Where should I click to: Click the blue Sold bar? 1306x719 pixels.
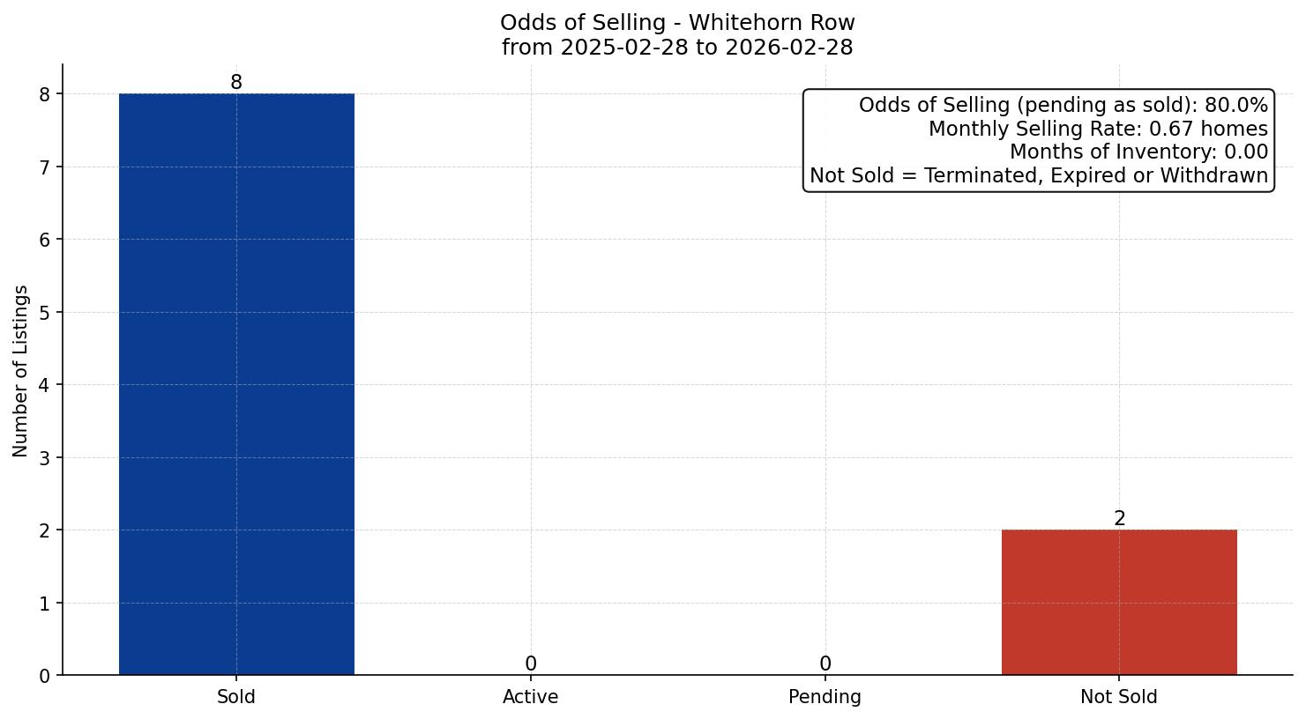click(236, 384)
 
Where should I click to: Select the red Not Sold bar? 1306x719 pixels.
click(1119, 602)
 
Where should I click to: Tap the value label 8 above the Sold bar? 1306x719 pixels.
click(236, 83)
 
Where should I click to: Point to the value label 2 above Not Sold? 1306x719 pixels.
click(1119, 519)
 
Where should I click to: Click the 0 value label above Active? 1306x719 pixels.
click(531, 664)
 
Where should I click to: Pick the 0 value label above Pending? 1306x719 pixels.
click(825, 664)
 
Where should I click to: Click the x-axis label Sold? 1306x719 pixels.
click(236, 697)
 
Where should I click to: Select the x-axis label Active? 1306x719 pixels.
click(531, 697)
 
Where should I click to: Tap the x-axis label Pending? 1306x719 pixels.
click(825, 697)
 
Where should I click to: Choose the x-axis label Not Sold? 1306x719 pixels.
click(1119, 697)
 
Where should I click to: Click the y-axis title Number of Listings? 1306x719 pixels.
click(21, 370)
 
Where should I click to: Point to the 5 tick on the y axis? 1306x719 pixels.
click(45, 313)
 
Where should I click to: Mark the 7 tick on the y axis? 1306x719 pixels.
click(45, 167)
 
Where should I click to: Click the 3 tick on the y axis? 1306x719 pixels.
click(45, 458)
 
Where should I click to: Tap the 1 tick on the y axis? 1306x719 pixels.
click(45, 604)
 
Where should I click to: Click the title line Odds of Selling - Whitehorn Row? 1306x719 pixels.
click(677, 23)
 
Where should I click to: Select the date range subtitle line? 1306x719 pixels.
click(677, 48)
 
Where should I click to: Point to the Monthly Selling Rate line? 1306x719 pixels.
click(1098, 130)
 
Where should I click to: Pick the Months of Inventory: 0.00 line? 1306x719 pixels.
click(1138, 152)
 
